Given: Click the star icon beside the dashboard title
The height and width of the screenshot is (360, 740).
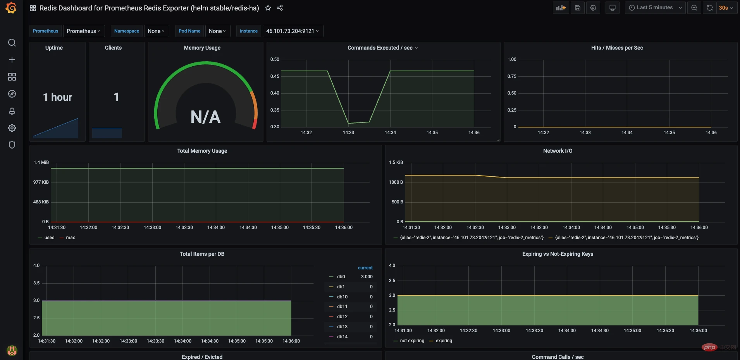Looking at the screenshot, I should (x=268, y=8).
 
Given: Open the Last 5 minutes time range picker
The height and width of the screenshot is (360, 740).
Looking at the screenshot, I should (x=655, y=8).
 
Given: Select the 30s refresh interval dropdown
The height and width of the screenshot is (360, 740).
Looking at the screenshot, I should (x=726, y=8).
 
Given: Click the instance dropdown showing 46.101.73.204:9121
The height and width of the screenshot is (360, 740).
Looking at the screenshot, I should (x=293, y=31).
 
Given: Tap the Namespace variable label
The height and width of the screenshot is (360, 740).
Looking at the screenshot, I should (x=126, y=31).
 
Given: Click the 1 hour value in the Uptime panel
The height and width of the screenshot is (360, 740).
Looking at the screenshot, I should (x=57, y=97).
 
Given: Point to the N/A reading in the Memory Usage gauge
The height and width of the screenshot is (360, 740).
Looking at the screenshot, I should (x=205, y=117).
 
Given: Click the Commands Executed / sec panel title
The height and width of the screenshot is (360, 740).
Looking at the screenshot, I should (x=380, y=48).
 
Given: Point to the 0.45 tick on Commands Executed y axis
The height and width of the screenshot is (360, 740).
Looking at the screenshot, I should (x=275, y=76).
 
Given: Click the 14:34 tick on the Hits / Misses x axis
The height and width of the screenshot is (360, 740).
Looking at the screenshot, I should (x=627, y=133).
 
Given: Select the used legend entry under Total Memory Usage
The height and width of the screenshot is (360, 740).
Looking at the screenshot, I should (x=49, y=238).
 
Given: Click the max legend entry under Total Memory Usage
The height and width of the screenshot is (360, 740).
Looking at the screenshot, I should (x=70, y=238).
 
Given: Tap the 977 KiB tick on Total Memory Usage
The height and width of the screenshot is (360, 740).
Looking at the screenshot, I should (x=41, y=182).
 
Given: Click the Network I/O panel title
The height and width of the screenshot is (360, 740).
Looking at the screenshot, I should (x=558, y=151).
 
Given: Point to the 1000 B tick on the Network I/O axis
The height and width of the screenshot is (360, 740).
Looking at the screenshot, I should (x=396, y=182).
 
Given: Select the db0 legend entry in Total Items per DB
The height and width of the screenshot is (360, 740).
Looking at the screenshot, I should (x=341, y=277).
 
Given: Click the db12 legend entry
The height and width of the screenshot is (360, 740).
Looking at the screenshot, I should (x=342, y=317).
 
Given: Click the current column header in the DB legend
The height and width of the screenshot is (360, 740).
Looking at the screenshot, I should (x=365, y=268).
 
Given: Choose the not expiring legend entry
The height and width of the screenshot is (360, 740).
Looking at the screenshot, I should (x=412, y=341).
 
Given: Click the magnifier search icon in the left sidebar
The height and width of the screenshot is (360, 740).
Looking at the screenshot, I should (x=12, y=43).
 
